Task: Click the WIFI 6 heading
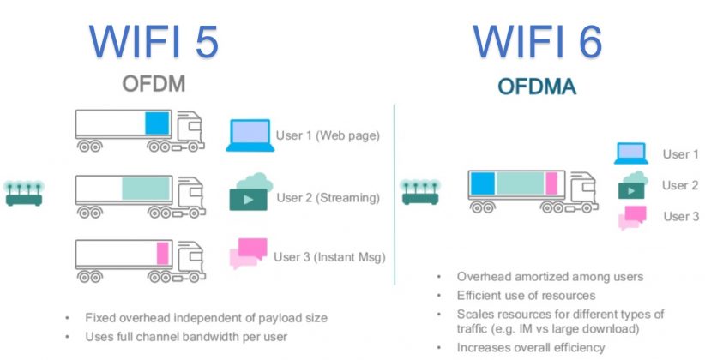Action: point(537,41)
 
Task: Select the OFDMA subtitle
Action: point(537,87)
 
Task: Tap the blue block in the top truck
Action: point(157,123)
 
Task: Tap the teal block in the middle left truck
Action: point(145,188)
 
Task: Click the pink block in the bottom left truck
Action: point(162,252)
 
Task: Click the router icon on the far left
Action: point(24,193)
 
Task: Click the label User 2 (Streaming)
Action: point(328,198)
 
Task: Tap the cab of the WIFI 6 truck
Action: point(582,189)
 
